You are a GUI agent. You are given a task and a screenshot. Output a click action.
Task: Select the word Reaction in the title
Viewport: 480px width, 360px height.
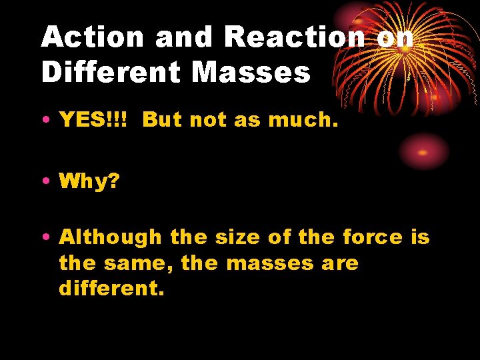pyautogui.click(x=295, y=37)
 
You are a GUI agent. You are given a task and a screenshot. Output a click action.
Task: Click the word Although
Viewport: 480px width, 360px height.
pyautogui.click(x=110, y=237)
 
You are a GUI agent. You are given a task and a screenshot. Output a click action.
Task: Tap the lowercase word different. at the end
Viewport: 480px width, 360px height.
pyautogui.click(x=110, y=289)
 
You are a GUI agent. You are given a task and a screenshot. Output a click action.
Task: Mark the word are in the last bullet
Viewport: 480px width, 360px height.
pyautogui.click(x=340, y=263)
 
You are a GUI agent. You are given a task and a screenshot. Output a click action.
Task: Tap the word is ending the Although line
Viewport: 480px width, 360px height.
pyautogui.click(x=421, y=237)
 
